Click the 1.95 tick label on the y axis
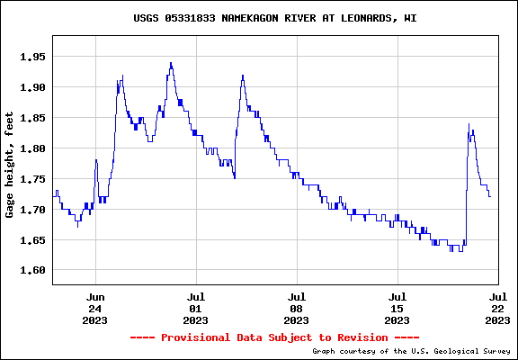click(x=32, y=57)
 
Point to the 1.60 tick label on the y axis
click(x=32, y=270)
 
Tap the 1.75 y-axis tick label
click(x=32, y=179)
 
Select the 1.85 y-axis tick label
click(x=32, y=118)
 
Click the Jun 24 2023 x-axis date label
click(x=95, y=309)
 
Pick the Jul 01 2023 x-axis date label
click(x=195, y=309)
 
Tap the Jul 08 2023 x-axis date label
click(x=297, y=309)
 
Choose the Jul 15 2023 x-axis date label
click(x=397, y=309)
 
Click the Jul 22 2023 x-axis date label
click(x=498, y=309)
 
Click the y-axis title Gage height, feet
click(x=10, y=165)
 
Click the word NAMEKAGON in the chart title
click(x=250, y=18)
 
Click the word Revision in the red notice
click(x=362, y=337)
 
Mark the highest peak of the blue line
click(x=171, y=62)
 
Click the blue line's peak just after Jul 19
click(x=469, y=124)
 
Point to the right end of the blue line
click(x=491, y=197)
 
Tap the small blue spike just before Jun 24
click(x=96, y=160)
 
